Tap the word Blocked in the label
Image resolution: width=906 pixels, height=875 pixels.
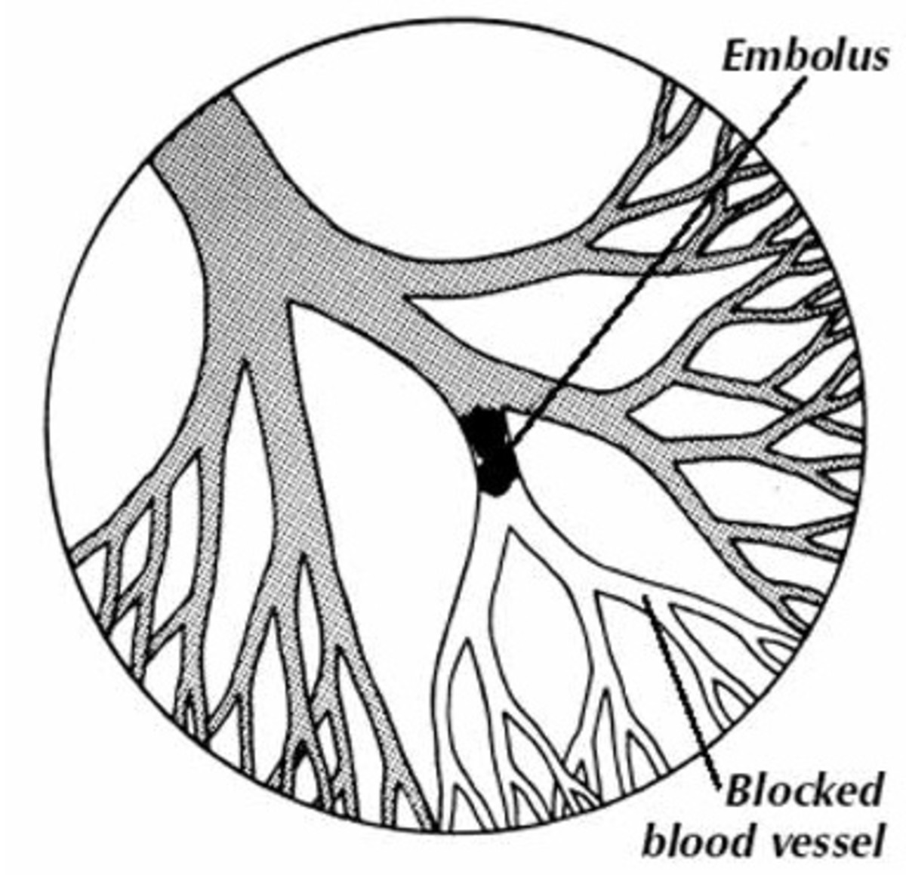(x=803, y=793)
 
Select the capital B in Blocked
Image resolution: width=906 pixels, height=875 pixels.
(x=739, y=793)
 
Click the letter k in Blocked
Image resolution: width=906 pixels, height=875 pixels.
(x=826, y=793)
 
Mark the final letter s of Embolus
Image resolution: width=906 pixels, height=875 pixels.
(x=877, y=57)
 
